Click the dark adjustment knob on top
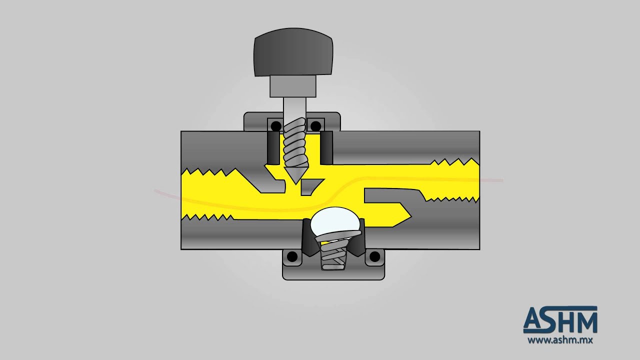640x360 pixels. (293, 52)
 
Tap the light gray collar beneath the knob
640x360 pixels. (293, 86)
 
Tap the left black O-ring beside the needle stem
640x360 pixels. (275, 125)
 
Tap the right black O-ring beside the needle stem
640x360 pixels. (315, 125)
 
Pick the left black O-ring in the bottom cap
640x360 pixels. (292, 256)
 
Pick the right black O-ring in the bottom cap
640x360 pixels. (375, 256)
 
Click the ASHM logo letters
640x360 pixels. (560, 319)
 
